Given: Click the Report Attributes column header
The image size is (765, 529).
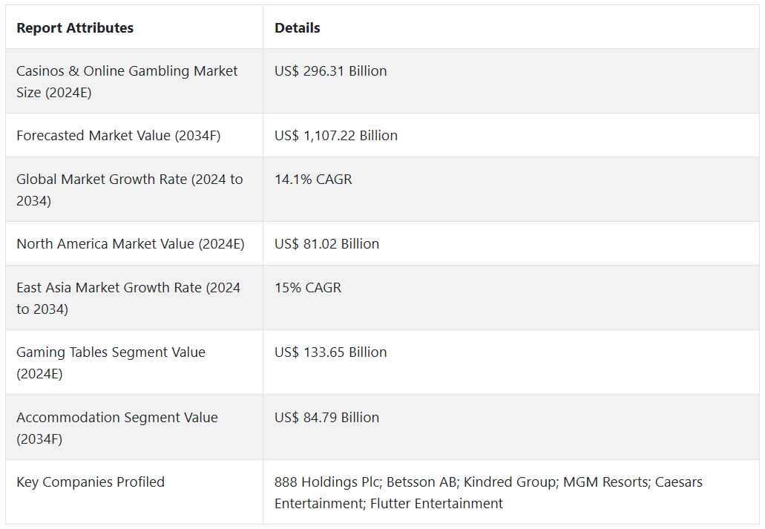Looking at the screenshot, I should tap(75, 28).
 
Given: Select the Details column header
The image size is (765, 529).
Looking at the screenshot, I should tap(298, 28).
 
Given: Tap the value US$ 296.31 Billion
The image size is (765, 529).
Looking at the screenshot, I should tap(331, 71).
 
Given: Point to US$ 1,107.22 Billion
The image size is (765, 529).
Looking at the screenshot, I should tap(336, 136).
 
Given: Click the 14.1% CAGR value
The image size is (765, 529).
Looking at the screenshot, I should tap(313, 180).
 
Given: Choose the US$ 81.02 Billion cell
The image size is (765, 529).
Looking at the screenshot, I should tap(326, 244).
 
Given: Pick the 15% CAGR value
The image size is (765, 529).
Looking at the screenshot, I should tap(308, 288).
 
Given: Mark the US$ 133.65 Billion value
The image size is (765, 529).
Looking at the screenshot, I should tap(331, 352).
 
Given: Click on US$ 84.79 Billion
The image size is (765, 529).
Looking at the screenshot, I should tap(326, 418).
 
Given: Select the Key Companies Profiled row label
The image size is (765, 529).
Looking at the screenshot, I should tap(91, 482).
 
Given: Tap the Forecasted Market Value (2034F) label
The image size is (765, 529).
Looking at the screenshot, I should tap(119, 136).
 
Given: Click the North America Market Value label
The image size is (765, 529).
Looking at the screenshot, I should tap(131, 244).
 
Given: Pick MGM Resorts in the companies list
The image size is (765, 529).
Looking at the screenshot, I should tap(605, 482).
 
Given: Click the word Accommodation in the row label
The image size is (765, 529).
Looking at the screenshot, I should tap(61, 418).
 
